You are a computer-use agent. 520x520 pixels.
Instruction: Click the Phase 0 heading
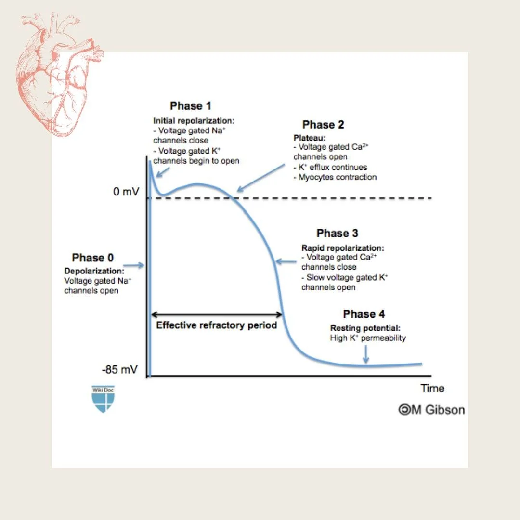[x=93, y=258]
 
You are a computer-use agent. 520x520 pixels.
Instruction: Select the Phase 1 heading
[x=191, y=106]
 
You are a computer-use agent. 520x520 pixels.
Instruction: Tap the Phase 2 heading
[x=323, y=125]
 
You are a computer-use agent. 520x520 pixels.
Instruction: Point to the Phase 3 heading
[x=337, y=234]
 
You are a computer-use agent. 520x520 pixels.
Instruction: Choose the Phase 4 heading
[x=364, y=314]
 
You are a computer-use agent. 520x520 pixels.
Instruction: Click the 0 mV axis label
[x=126, y=192]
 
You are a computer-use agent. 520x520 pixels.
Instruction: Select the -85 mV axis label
[x=119, y=370]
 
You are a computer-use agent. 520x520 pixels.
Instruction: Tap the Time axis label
[x=432, y=389]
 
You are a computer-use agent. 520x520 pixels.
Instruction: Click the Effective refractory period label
[x=217, y=325]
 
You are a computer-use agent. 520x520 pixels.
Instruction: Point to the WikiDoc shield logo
[x=103, y=399]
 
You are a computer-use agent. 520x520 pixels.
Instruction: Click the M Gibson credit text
[x=432, y=410]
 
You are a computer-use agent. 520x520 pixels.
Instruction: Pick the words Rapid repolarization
[x=343, y=248]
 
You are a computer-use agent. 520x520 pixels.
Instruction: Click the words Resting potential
[x=365, y=328]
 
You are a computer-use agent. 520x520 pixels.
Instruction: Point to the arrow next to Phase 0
[x=134, y=265]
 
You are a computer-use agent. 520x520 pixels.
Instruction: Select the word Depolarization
[x=94, y=271]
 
